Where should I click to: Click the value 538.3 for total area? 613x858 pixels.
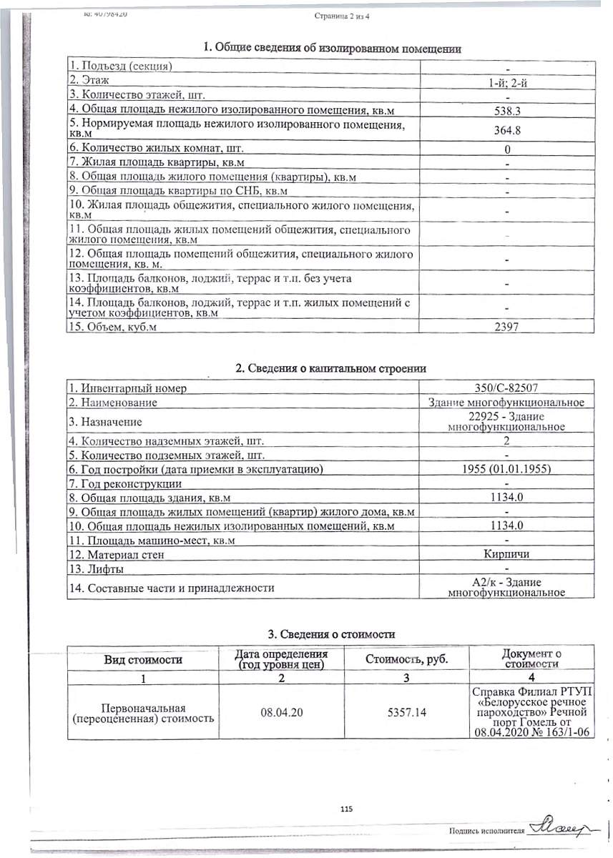tap(506, 110)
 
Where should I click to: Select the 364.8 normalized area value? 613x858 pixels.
tap(506, 130)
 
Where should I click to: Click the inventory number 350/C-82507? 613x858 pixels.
tap(506, 388)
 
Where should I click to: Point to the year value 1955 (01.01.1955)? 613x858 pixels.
tap(506, 469)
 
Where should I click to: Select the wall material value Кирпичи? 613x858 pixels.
tap(506, 554)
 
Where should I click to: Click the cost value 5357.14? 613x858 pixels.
tap(407, 713)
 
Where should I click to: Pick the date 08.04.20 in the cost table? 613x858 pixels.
tap(282, 713)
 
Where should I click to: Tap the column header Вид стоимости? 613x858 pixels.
tap(143, 659)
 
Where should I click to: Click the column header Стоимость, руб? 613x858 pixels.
tap(407, 659)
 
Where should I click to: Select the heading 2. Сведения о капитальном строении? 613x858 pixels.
tap(331, 368)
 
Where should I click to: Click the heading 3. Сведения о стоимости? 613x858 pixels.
tap(331, 634)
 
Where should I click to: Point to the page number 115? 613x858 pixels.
tap(347, 809)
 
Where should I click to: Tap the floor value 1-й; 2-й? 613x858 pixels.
tap(506, 84)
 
